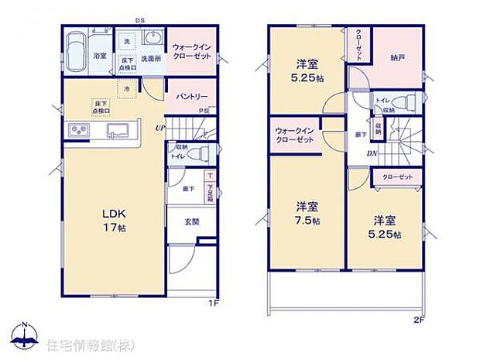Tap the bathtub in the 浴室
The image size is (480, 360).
75,52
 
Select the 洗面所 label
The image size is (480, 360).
150,56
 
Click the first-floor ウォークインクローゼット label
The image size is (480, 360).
191,52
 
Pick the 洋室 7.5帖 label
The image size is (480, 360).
307,213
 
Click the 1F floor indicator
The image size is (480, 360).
213,303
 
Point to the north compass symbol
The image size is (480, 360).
25,334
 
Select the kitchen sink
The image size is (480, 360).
118,129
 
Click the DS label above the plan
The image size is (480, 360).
140,21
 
